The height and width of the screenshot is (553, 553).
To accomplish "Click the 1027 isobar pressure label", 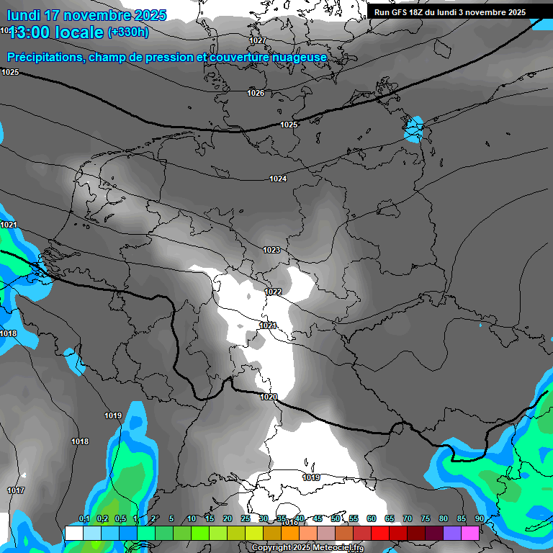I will coord(258,40).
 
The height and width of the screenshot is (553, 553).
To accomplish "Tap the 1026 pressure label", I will coord(256,93).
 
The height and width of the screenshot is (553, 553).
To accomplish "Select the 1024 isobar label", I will coord(279,179).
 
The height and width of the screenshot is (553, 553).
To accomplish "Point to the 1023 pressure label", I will coord(271,250).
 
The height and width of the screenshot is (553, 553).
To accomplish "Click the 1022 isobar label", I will coord(273,292).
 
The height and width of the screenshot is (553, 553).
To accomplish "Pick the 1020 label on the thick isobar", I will coord(269,397).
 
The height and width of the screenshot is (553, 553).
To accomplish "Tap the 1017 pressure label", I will coord(15,490).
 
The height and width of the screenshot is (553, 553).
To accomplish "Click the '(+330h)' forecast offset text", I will coord(128,32).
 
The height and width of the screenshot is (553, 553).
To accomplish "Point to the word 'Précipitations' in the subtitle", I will coord(45,57).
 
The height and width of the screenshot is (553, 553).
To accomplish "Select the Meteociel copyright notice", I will coord(307,548).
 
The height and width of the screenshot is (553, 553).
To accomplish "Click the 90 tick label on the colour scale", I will coord(480,518).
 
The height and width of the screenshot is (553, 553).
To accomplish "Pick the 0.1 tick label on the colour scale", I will coord(84,518).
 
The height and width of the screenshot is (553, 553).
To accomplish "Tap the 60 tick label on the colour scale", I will coord(372,518).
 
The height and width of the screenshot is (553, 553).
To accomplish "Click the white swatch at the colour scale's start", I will coord(73,533).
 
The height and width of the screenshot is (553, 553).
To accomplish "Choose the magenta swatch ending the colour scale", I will coord(470,533).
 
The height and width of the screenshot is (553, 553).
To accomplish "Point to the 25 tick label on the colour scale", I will coord(246,518).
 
